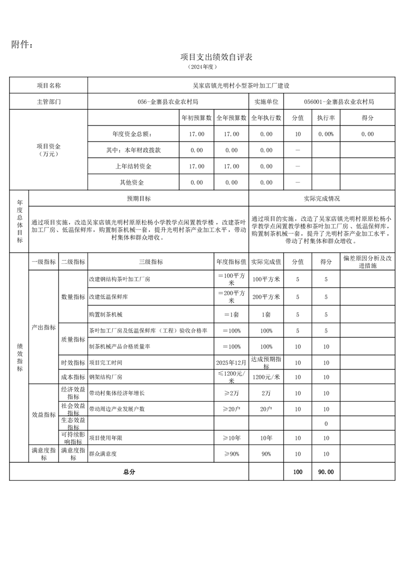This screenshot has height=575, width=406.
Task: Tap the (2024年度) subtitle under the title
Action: click(203, 67)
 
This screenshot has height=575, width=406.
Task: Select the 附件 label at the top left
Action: click(23, 45)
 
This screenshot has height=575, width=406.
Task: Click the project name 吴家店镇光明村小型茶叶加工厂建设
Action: click(241, 86)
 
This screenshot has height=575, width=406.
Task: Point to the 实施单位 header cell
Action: click(266, 101)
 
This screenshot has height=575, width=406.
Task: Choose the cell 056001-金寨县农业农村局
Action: click(339, 101)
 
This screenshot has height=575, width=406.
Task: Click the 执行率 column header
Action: click(326, 118)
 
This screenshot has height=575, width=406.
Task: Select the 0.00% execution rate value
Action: click(326, 134)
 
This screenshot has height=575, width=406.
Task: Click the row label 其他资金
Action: click(132, 182)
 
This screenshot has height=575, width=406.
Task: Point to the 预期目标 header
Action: click(139, 198)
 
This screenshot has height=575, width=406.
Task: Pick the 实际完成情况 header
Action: click(322, 198)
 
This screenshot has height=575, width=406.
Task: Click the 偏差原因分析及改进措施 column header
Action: click(367, 261)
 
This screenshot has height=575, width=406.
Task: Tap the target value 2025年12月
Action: click(231, 362)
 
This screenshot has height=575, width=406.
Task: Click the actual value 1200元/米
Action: click(266, 377)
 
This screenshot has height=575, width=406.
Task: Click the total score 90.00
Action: click(326, 472)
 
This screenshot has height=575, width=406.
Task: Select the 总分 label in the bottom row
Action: click(129, 472)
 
